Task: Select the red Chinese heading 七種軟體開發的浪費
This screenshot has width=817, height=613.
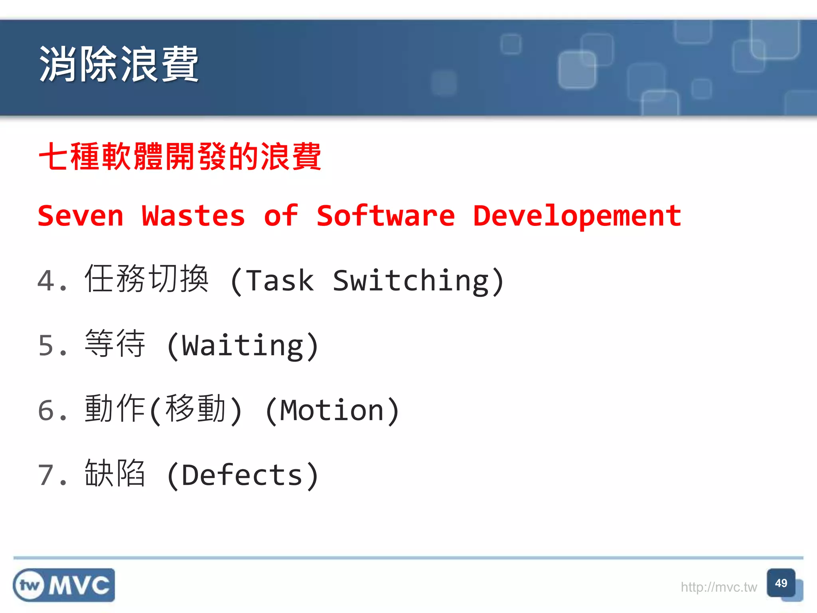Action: (180, 156)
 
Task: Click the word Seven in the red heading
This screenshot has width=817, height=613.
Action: (81, 216)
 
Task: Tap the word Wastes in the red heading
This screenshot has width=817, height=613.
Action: (193, 216)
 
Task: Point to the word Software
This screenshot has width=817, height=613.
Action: (385, 216)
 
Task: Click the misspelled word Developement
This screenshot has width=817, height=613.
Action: (577, 216)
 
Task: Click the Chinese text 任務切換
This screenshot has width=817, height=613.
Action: (146, 279)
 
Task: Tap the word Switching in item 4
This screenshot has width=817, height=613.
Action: (411, 281)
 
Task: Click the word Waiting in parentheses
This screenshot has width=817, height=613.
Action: (243, 346)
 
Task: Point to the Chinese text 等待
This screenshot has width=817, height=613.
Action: (115, 344)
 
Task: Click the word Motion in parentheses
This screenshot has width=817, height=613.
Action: (332, 411)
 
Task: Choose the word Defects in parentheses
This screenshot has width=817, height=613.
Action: (242, 475)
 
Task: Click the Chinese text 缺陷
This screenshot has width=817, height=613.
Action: (115, 473)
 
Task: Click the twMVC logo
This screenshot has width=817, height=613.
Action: (64, 585)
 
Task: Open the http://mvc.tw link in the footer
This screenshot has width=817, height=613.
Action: (718, 587)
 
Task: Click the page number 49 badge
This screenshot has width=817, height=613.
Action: (781, 583)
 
